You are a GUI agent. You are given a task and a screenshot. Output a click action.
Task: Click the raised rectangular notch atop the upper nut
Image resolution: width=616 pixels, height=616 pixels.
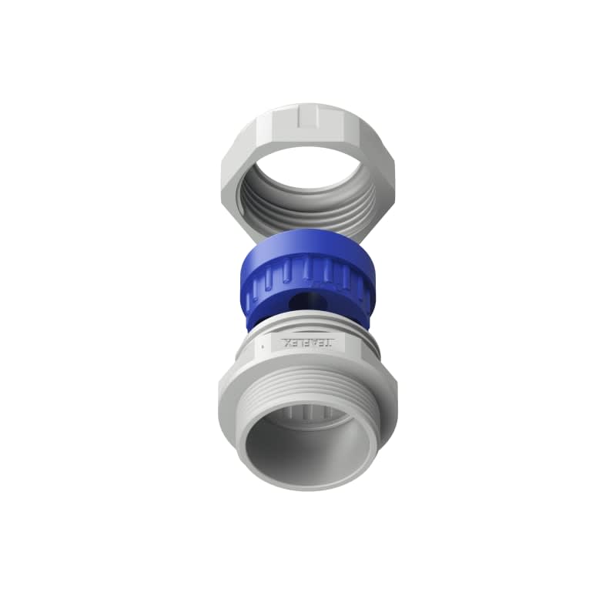point(308,116)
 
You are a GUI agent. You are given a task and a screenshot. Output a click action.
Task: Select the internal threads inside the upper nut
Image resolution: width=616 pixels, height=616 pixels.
point(308,212)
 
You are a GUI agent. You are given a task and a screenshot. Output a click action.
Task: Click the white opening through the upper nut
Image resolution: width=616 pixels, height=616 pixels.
point(308,166)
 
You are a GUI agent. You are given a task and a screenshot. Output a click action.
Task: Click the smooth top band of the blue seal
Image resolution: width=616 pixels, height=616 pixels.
point(308,245)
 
